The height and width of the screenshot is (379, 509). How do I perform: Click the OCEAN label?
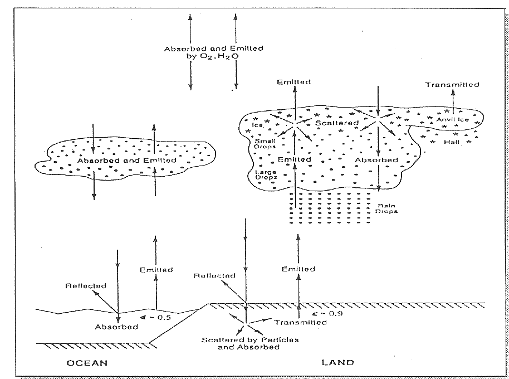pyautogui.click(x=87, y=363)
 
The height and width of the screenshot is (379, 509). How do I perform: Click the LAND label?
pyautogui.click(x=337, y=363)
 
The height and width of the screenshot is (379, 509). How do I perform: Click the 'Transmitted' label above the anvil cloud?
pyautogui.click(x=452, y=85)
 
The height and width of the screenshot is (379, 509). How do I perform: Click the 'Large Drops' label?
pyautogui.click(x=266, y=174)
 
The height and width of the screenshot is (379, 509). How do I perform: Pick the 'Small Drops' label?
pyautogui.click(x=266, y=144)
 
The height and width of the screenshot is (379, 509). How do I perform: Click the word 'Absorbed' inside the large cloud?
pyautogui.click(x=377, y=161)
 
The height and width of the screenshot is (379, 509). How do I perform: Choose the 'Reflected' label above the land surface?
pyautogui.click(x=214, y=275)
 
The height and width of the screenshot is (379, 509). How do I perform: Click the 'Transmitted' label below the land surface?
pyautogui.click(x=301, y=322)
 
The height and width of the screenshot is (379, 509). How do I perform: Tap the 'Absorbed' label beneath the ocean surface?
pyautogui.click(x=116, y=327)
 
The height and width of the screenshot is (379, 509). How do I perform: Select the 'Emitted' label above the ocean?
pyautogui.click(x=156, y=270)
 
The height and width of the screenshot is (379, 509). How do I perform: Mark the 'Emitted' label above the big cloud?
pyautogui.click(x=294, y=82)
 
